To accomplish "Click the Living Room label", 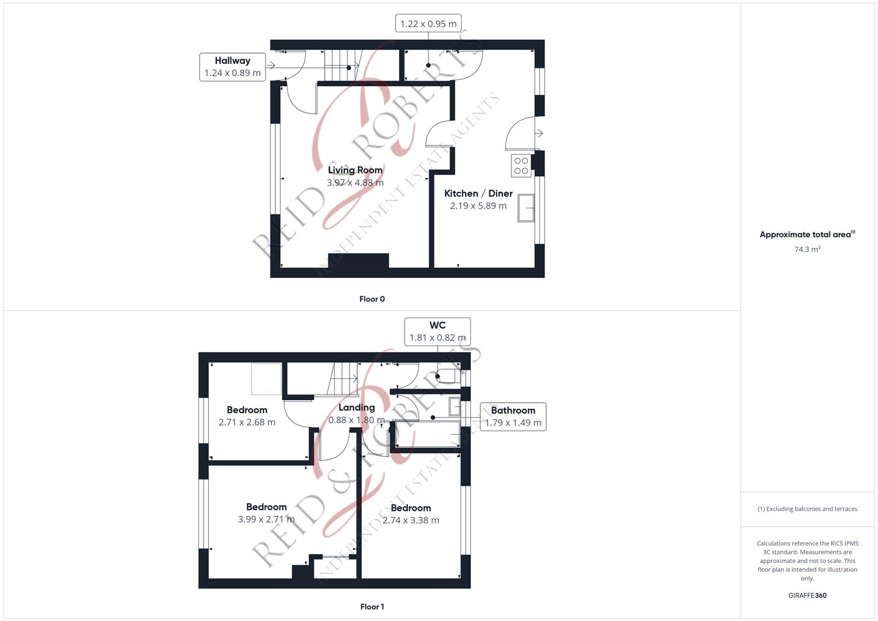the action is point(355,170).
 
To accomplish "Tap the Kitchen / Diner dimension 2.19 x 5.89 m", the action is point(478,206).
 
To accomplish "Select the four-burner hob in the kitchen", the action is point(521,166).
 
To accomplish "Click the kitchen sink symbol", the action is point(526,208).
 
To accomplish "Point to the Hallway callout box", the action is point(232,67).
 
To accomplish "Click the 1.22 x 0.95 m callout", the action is point(428,24).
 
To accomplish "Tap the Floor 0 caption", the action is point(372,299).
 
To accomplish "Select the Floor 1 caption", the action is point(372,607).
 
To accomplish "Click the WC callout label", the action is point(438,332).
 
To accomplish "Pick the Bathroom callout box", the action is point(513,417).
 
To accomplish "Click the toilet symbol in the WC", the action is point(448,376).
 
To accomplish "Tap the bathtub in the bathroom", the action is point(428,434).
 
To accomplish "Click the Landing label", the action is point(356,408).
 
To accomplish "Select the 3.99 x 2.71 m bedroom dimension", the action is point(266,519).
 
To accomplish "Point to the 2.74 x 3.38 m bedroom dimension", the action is point(411,520).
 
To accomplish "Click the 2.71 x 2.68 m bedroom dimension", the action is point(247,422).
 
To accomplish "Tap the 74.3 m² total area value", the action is point(807,249).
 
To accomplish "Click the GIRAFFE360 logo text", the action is point(807,596).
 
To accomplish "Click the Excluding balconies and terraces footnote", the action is point(807,509).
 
